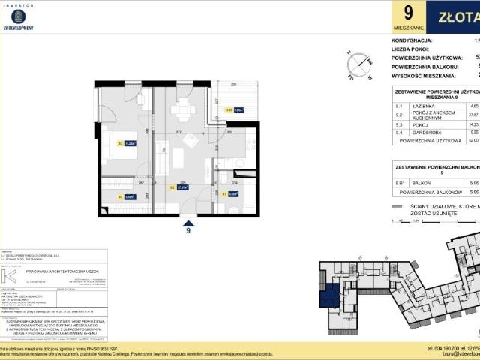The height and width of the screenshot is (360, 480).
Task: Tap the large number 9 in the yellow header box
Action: coord(408,14)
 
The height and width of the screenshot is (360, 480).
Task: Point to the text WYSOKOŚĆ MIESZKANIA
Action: coord(427,75)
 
